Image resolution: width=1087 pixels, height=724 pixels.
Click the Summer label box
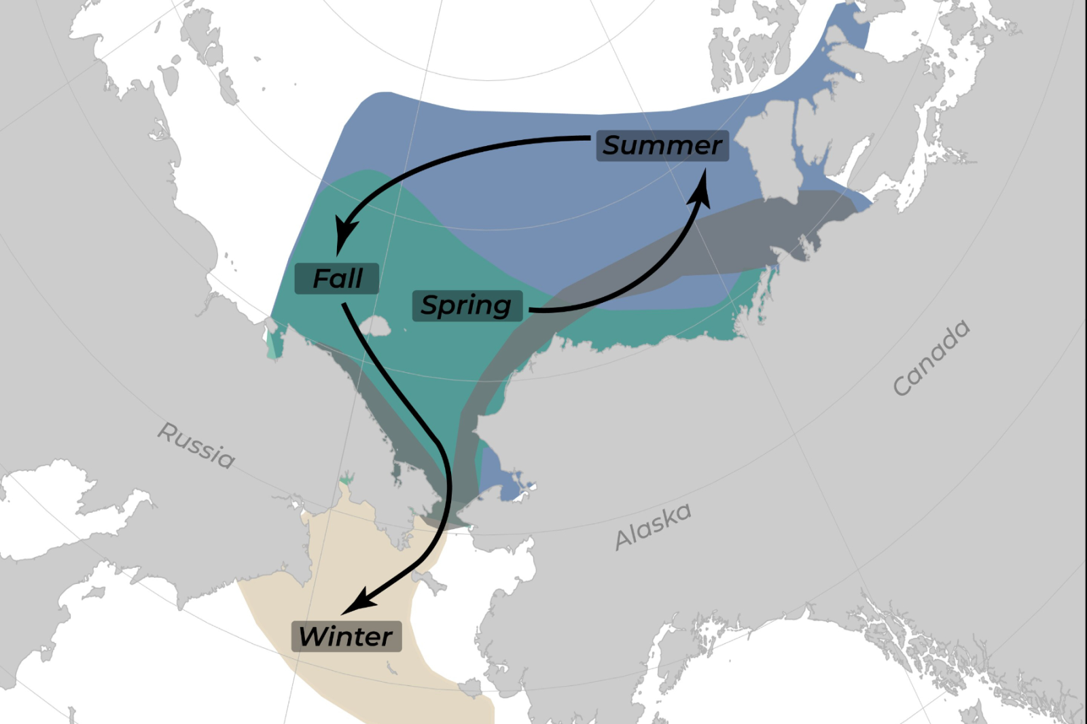[x=662, y=145]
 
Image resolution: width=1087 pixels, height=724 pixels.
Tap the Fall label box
[x=337, y=278]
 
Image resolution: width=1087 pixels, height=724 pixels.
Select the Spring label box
[x=467, y=306]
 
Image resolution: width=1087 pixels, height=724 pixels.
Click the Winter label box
[x=346, y=636]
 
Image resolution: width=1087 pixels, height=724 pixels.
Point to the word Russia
[x=196, y=446]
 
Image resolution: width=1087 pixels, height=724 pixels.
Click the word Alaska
[x=653, y=526]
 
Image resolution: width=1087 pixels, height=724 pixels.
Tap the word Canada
[x=931, y=357]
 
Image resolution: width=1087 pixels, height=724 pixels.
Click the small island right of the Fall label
[x=375, y=327]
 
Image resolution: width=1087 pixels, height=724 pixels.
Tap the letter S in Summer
[x=613, y=145]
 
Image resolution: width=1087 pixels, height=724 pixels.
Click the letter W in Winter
[x=313, y=636]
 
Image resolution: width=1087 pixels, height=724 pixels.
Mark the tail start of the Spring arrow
[x=531, y=310]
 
